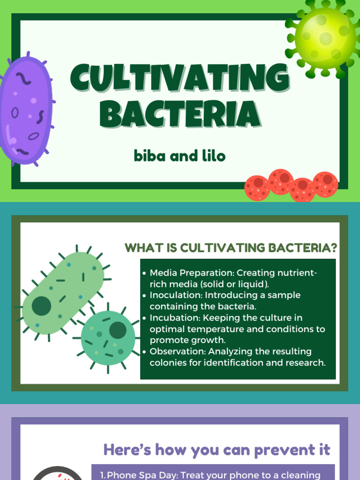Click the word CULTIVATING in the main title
[x=180, y=79]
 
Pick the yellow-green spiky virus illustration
[x=325, y=37]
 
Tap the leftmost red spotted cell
[x=257, y=188]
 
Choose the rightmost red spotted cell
[x=325, y=184]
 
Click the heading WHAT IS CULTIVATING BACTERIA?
[x=231, y=248]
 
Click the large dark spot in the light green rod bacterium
[x=41, y=306]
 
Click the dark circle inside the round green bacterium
[x=118, y=330]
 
